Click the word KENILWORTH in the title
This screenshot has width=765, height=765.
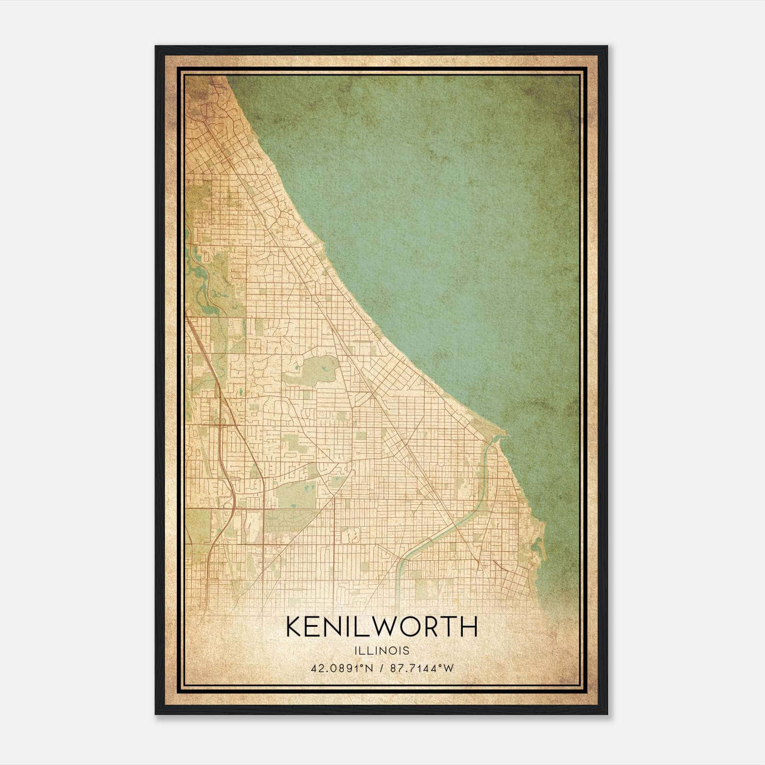(382, 627)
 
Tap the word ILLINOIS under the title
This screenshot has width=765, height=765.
(382, 650)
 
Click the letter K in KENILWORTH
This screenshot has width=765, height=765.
(294, 627)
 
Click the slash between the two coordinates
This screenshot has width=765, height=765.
(381, 668)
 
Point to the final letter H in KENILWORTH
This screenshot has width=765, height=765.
(470, 627)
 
